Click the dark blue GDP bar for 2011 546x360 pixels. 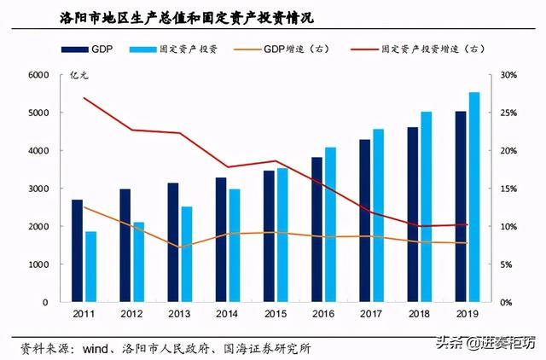[77, 251]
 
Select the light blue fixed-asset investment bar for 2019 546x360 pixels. [474, 197]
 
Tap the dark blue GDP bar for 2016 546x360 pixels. [317, 229]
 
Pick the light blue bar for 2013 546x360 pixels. [186, 254]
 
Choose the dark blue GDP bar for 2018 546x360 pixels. [413, 215]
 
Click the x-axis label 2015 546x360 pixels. [275, 315]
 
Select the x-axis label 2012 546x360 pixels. [131, 315]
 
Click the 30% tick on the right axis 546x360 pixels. [507, 75]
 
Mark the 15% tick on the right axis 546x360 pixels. [507, 189]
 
